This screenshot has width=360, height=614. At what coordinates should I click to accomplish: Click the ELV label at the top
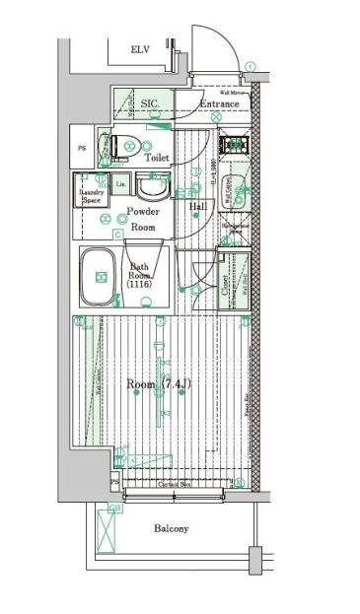pyautogui.click(x=141, y=50)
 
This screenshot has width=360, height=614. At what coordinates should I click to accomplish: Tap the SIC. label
pyautogui.click(x=150, y=103)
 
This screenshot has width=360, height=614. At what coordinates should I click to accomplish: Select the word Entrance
pyautogui.click(x=219, y=103)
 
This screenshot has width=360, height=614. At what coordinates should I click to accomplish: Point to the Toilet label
pyautogui.click(x=157, y=158)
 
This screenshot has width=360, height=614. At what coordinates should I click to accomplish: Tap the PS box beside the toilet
pyautogui.click(x=82, y=148)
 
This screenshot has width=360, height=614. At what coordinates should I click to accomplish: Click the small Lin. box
pyautogui.click(x=121, y=183)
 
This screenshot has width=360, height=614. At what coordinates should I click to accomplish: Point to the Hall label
pyautogui.click(x=197, y=206)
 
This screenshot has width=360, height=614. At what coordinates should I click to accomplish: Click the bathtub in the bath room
pyautogui.click(x=100, y=277)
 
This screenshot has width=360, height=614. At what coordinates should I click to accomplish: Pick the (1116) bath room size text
pyautogui.click(x=139, y=283)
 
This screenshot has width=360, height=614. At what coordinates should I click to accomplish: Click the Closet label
pyautogui.click(x=226, y=285)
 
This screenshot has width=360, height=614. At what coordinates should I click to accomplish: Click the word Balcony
pyautogui.click(x=171, y=529)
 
